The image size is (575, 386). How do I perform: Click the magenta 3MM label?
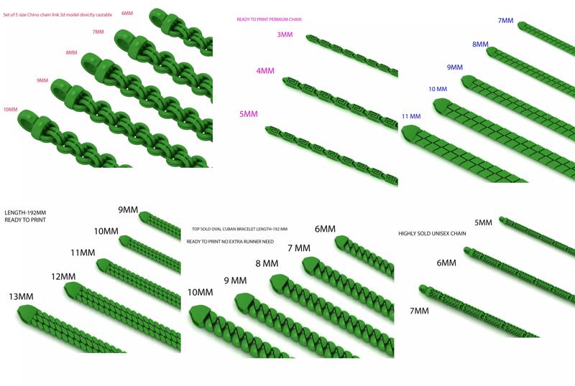click(x=285, y=34)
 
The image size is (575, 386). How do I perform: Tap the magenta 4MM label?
click(x=265, y=71)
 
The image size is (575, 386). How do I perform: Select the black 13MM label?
click(x=21, y=296)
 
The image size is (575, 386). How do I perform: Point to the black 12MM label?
click(x=63, y=276)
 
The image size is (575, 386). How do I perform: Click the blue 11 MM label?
click(x=411, y=116)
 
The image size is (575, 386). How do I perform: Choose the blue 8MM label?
click(x=480, y=44)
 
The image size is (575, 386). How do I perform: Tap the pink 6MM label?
click(x=127, y=13)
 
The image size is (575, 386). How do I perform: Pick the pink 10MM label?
click(x=11, y=110)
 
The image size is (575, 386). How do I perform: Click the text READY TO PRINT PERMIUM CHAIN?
click(x=269, y=19)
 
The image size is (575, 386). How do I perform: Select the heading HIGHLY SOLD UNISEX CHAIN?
click(x=432, y=233)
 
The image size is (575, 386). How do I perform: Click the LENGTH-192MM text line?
click(x=25, y=213)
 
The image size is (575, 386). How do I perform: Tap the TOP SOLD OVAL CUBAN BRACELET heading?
click(x=239, y=230)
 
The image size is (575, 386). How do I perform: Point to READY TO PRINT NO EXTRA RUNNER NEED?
click(x=230, y=242)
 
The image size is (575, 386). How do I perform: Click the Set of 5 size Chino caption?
click(x=57, y=15)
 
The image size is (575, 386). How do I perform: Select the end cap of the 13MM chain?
click(x=26, y=314)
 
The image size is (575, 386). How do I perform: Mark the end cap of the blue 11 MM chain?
click(x=410, y=133)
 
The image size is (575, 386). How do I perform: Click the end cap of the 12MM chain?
click(x=73, y=290)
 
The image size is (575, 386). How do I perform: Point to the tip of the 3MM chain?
click(x=308, y=37)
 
